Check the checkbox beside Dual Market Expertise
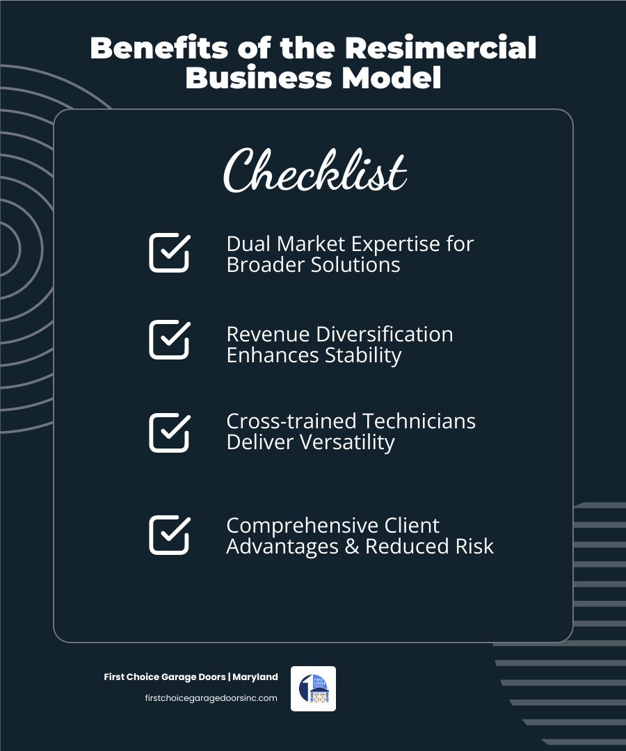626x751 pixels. (169, 252)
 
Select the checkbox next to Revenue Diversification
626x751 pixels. (169, 339)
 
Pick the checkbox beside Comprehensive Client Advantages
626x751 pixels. (169, 535)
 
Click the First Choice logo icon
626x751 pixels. (313, 688)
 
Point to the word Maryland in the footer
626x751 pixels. (255, 677)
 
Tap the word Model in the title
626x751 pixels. (399, 79)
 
